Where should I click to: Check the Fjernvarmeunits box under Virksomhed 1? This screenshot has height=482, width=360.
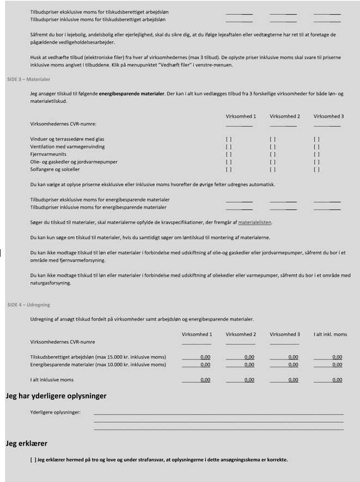pos(228,154)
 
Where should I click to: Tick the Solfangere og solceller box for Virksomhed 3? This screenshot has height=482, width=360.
pos(316,169)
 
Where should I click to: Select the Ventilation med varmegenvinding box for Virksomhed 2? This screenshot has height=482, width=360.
pos(272,147)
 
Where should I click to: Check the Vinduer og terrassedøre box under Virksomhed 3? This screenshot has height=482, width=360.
pos(316,139)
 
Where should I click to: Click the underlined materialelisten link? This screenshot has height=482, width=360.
pos(255,222)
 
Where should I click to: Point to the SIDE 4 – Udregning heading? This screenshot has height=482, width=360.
pos(28,305)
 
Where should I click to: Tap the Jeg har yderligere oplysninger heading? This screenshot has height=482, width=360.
pos(56,396)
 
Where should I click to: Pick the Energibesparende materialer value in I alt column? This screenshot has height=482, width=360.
pos(337,365)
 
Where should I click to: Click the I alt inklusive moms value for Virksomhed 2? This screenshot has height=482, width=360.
pos(249,380)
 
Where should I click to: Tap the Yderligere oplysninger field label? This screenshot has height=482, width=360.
pos(55,412)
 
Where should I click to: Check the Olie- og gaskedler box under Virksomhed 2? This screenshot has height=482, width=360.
pos(272,162)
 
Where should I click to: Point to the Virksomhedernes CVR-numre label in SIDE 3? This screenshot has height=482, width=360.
pos(62,124)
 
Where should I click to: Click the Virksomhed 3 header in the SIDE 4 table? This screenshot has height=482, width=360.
pos(284,334)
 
